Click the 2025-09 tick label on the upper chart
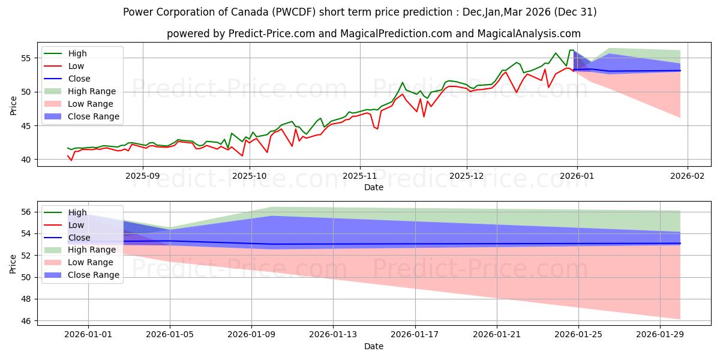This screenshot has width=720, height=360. pyautogui.click(x=143, y=176)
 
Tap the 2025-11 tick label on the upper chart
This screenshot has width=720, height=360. pyautogui.click(x=360, y=176)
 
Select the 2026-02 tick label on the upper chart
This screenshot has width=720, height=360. pyautogui.click(x=687, y=176)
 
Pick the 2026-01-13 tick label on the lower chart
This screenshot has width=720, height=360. pyautogui.click(x=334, y=335)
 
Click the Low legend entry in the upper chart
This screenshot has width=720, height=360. pyautogui.click(x=76, y=66)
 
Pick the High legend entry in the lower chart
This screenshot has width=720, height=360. pyautogui.click(x=77, y=212)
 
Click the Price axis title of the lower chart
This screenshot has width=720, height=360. pyautogui.click(x=13, y=264)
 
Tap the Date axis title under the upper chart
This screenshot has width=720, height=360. pyautogui.click(x=373, y=187)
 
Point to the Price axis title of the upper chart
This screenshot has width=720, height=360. pyautogui.click(x=13, y=106)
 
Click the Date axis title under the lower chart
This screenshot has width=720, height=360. pyautogui.click(x=373, y=346)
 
